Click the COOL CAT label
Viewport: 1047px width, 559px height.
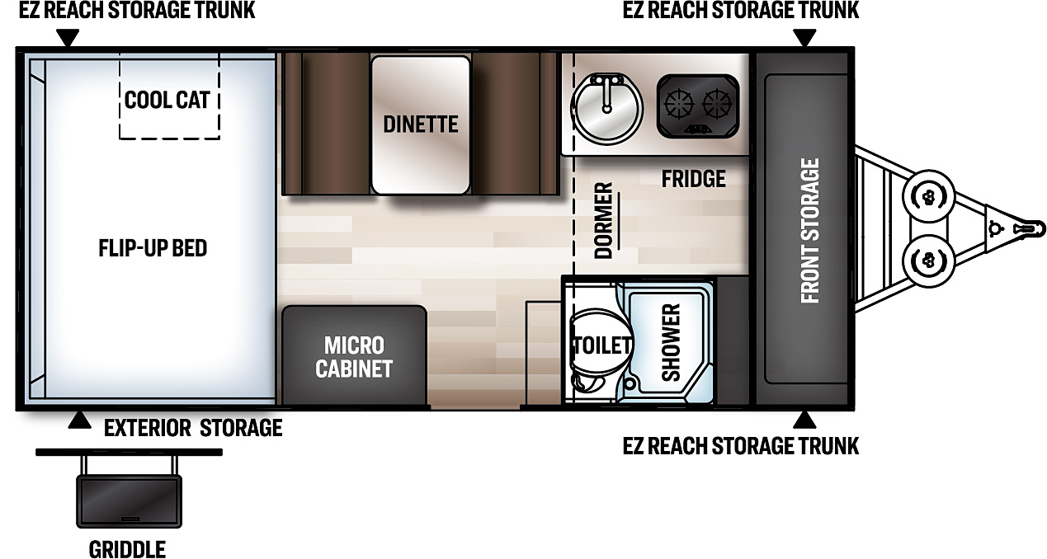167,100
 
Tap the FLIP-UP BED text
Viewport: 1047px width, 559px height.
153,247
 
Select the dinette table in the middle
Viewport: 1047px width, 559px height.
420,124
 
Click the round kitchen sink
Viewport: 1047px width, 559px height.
607,107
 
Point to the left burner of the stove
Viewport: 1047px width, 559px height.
681,105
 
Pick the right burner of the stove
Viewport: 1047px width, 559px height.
718,105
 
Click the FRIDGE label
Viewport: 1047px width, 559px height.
693,179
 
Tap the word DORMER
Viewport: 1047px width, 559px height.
604,221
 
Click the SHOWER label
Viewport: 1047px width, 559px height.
671,343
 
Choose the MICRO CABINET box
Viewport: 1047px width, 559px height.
354,356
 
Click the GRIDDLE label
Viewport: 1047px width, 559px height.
127,549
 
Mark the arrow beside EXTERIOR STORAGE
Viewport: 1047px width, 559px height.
79,420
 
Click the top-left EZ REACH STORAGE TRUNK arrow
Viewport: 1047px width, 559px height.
68,38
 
